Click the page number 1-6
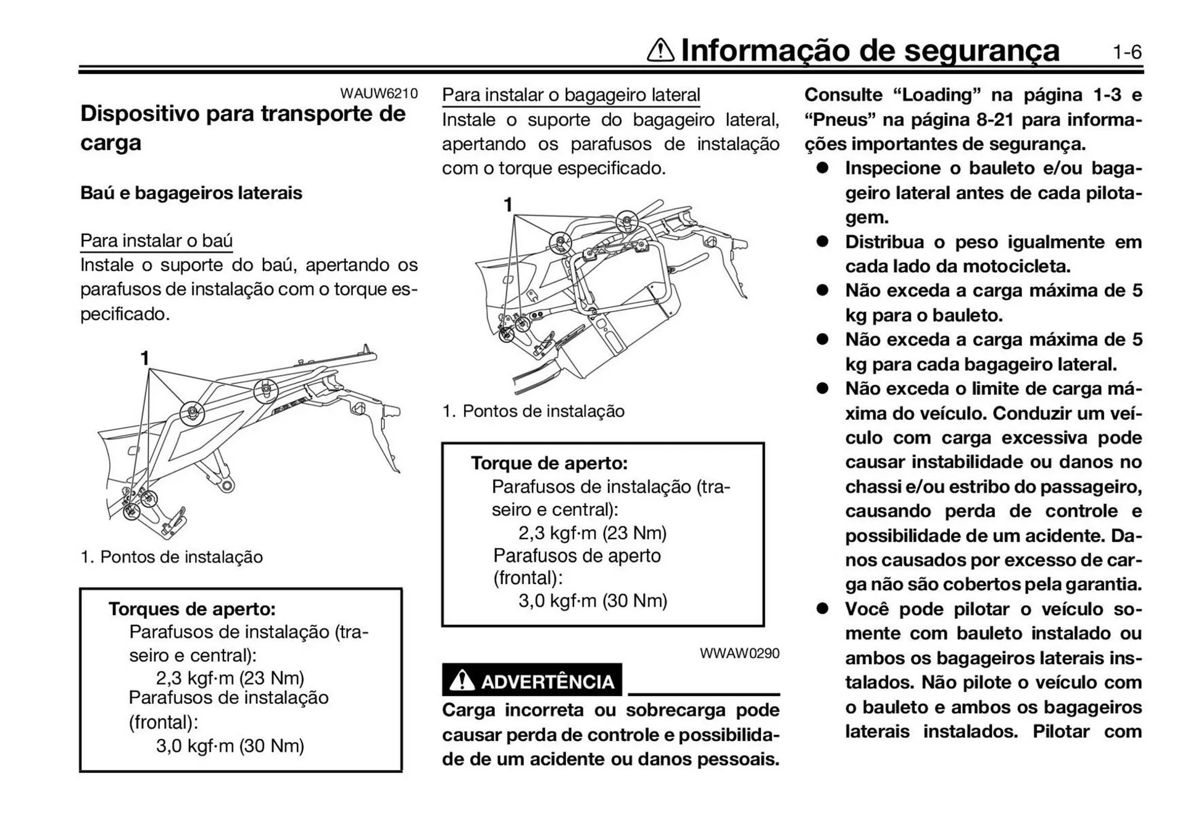pos(1127,52)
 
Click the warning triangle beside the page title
pos(660,51)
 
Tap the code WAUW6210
pos(378,94)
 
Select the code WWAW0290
pos(739,653)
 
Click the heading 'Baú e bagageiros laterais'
pos(191,193)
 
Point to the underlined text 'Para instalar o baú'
pos(156,241)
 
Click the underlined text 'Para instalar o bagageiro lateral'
pos(571,95)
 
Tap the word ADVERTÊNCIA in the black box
pos(547,682)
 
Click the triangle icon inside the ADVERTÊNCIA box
pos(462,681)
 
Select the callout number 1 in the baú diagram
pos(144,358)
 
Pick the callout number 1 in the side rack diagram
pos(508,205)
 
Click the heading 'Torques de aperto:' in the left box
pos(192,610)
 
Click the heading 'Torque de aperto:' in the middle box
pos(549,463)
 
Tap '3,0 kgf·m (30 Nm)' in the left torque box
pos(230,746)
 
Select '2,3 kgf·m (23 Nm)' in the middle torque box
pos(592,533)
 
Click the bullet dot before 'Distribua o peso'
pos(822,242)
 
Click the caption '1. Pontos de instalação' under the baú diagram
pos(172,557)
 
